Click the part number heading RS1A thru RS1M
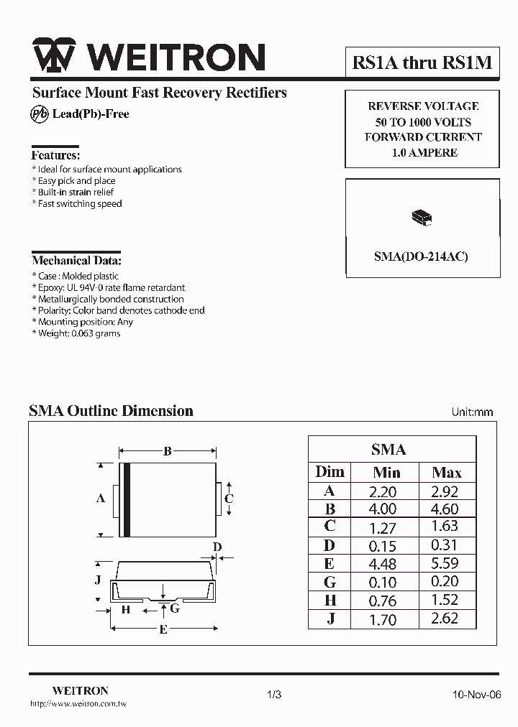click(x=422, y=62)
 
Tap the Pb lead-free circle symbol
click(x=40, y=114)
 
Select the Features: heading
click(x=55, y=155)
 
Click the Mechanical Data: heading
click(x=76, y=261)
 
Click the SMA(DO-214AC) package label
click(x=421, y=256)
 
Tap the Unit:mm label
click(x=472, y=412)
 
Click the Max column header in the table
click(x=446, y=473)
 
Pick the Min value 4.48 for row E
click(x=382, y=564)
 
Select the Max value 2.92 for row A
click(x=445, y=491)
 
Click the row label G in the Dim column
click(x=330, y=582)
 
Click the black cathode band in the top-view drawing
click(x=127, y=499)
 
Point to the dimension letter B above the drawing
click(x=167, y=452)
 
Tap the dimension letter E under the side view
click(x=163, y=630)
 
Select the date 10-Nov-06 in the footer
click(x=476, y=695)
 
